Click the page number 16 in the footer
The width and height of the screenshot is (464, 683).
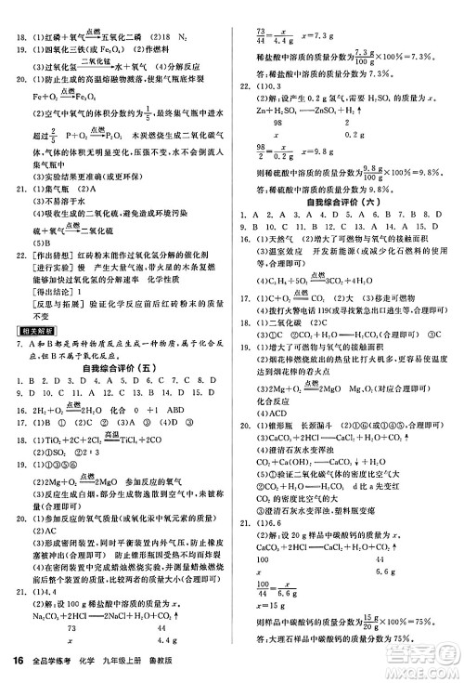16,661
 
